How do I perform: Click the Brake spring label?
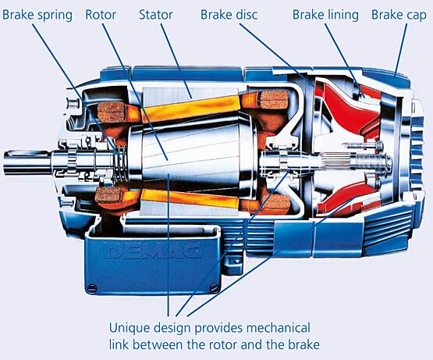(37, 15)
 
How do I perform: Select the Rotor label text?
(101, 15)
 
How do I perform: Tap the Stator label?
(156, 15)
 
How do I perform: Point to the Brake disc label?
(229, 15)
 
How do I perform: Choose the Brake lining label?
(325, 15)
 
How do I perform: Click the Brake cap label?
(399, 15)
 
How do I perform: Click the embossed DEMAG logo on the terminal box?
(153, 251)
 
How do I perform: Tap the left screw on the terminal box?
(91, 287)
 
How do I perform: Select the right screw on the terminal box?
(214, 287)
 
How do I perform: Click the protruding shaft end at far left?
(27, 163)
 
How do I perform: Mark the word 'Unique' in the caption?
(130, 328)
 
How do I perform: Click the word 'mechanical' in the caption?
(279, 328)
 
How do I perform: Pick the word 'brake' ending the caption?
(303, 345)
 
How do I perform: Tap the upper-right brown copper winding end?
(275, 100)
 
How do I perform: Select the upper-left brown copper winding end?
(112, 112)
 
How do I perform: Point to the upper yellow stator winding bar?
(190, 109)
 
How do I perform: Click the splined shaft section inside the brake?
(335, 160)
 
